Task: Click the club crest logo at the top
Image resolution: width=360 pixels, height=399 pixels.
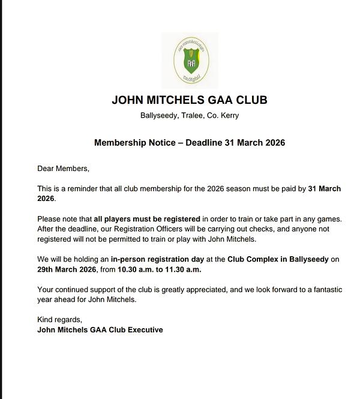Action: point(190,61)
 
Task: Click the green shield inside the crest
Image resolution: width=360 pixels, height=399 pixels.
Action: point(190,62)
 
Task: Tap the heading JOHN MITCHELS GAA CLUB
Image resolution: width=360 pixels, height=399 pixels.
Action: point(190,100)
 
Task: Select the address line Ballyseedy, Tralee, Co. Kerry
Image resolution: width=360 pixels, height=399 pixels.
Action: point(190,115)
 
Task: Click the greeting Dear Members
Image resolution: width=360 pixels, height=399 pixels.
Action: point(63,169)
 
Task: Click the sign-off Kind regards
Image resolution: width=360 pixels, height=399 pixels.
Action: point(59,319)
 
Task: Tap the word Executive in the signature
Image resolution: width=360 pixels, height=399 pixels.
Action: point(143,329)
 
